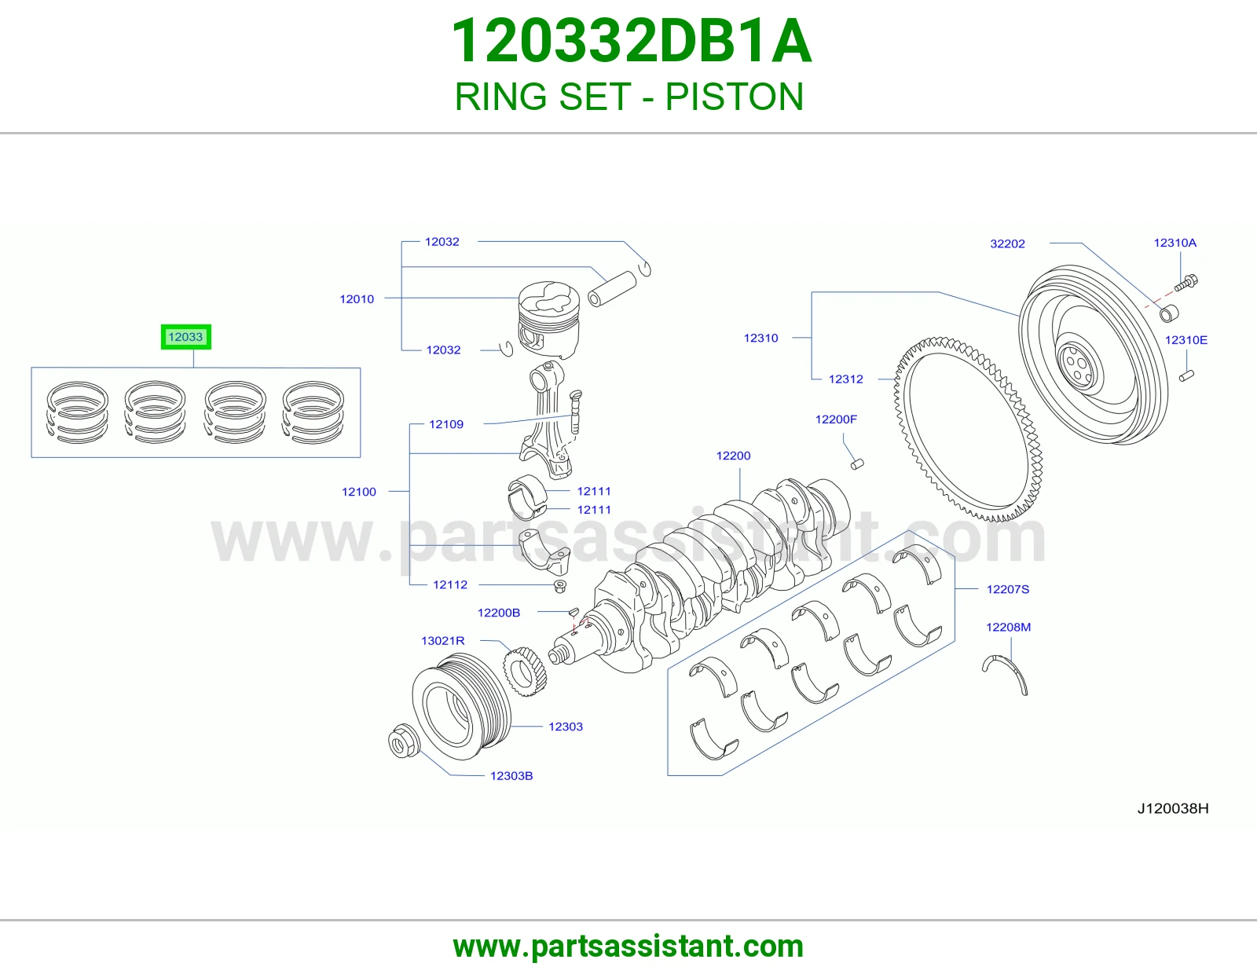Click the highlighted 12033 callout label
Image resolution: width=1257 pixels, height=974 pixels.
tap(185, 337)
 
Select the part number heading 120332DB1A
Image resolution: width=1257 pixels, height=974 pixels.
tap(631, 41)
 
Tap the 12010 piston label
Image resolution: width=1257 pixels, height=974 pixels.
tap(357, 299)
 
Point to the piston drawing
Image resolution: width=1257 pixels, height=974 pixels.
tap(548, 319)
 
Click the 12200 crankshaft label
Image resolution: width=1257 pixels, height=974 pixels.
tap(733, 456)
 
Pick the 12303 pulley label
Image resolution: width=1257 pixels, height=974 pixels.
tap(565, 727)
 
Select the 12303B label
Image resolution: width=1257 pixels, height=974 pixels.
tap(511, 775)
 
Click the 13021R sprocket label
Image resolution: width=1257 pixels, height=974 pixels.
tap(442, 640)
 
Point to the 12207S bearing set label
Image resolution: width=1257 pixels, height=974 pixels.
tap(1008, 589)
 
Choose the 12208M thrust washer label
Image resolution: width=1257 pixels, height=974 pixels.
tap(1008, 627)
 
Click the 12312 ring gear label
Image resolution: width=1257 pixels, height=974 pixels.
tap(845, 379)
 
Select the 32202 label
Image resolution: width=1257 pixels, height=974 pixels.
tap(1007, 243)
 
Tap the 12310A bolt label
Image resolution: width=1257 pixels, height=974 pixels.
tap(1175, 243)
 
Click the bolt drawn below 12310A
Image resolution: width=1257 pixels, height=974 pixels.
tap(1186, 282)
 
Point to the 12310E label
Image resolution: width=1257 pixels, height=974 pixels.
tap(1186, 339)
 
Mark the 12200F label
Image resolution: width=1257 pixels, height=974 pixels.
tap(836, 419)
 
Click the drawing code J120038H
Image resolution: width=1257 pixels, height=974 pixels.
tap(1172, 808)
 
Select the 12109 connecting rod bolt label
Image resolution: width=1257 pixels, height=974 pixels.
tap(446, 424)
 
